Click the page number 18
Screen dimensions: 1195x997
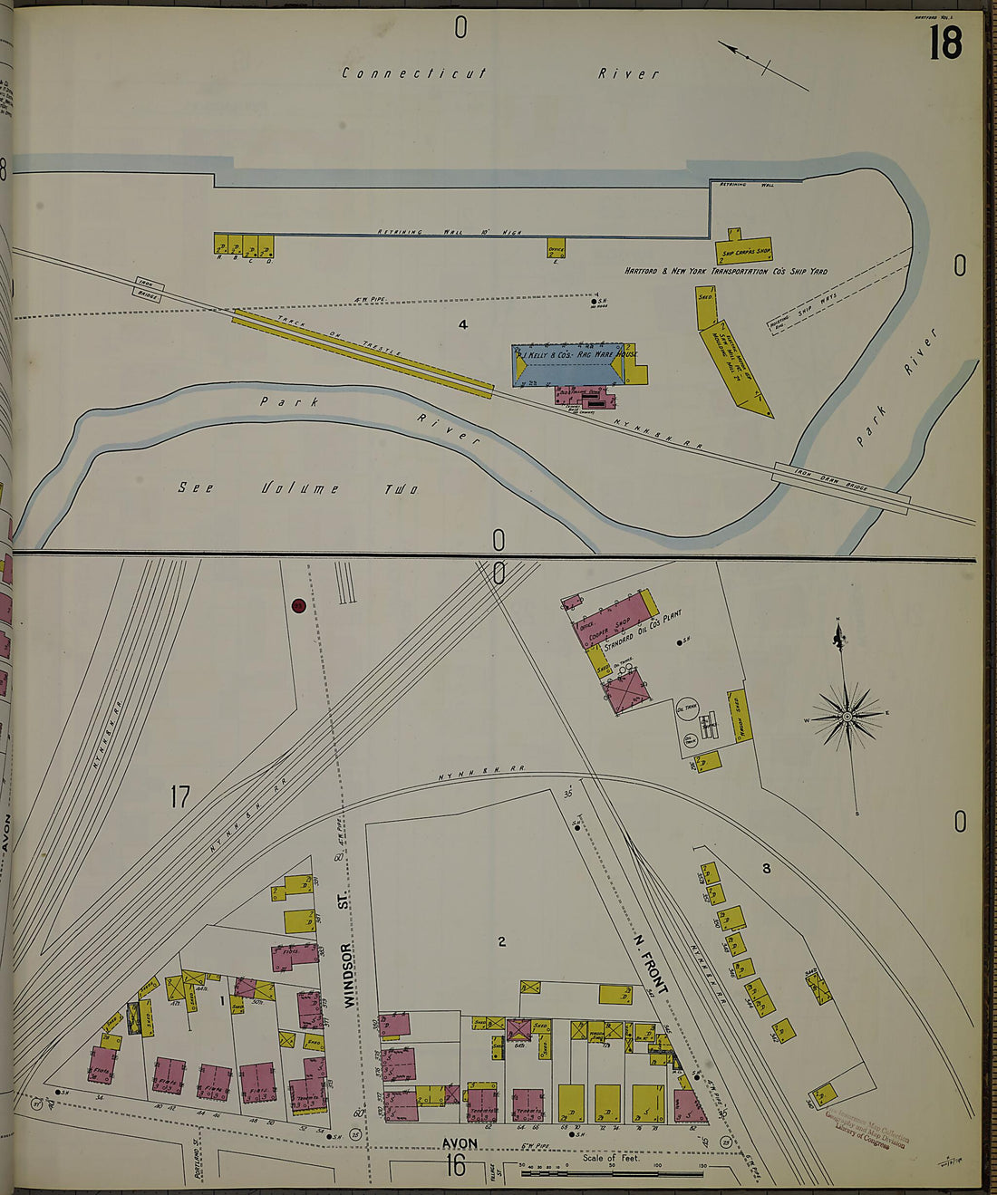tap(944, 43)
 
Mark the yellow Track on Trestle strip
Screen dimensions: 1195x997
tap(363, 352)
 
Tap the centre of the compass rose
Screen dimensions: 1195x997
tap(847, 716)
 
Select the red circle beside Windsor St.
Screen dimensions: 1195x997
tap(297, 605)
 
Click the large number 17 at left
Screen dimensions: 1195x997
tap(180, 797)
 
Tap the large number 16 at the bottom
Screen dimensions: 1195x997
tap(455, 1165)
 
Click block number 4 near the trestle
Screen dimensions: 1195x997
tap(462, 324)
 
